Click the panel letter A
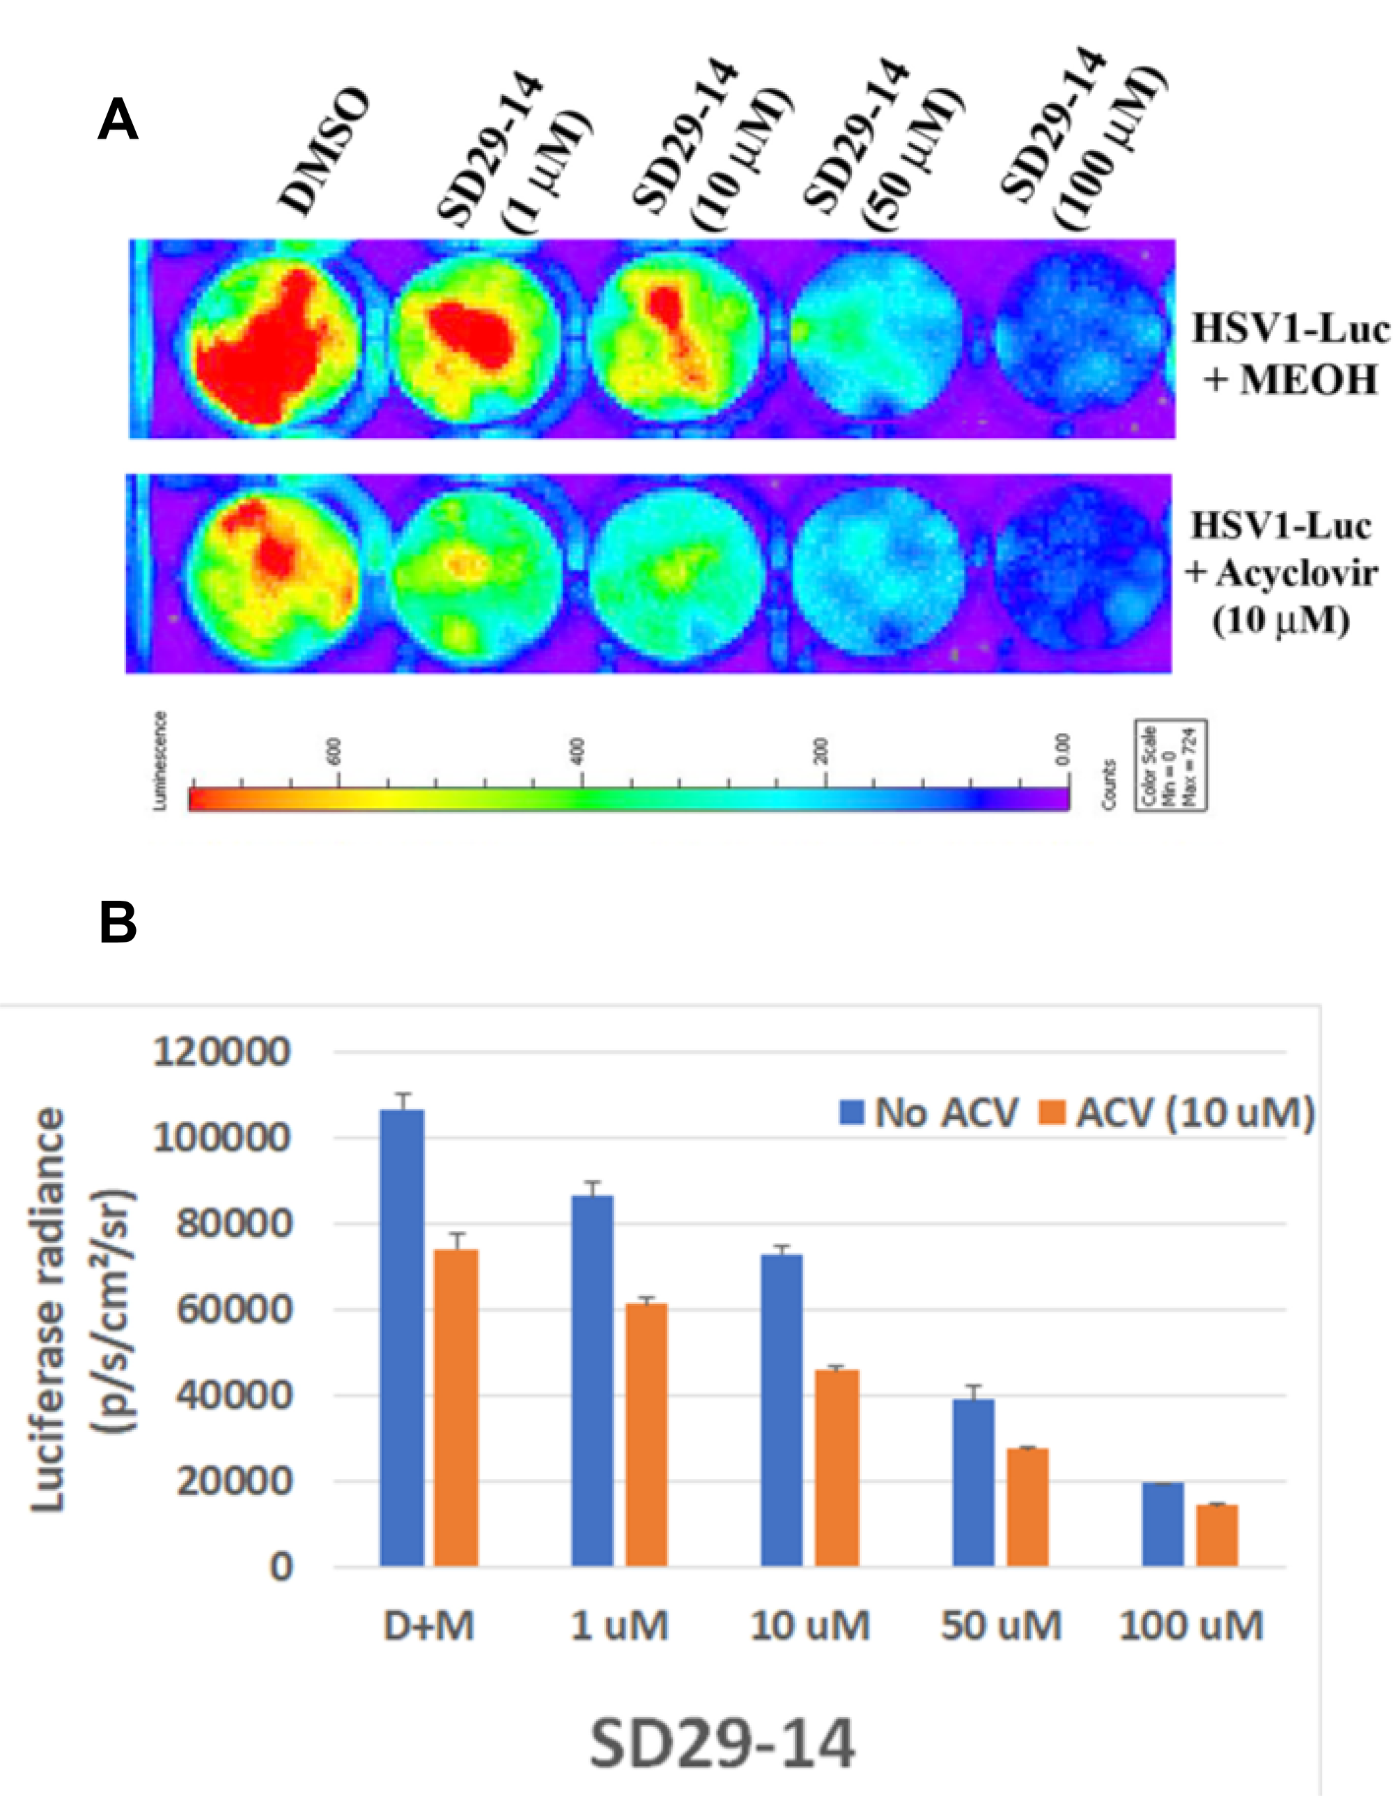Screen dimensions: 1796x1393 coord(117,120)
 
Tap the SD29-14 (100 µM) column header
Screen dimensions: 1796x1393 coord(1084,140)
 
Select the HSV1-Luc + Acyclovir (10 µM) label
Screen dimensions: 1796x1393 coord(1281,573)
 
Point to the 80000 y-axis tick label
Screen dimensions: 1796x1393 coord(233,1223)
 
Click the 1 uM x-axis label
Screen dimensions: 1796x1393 coord(619,1626)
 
